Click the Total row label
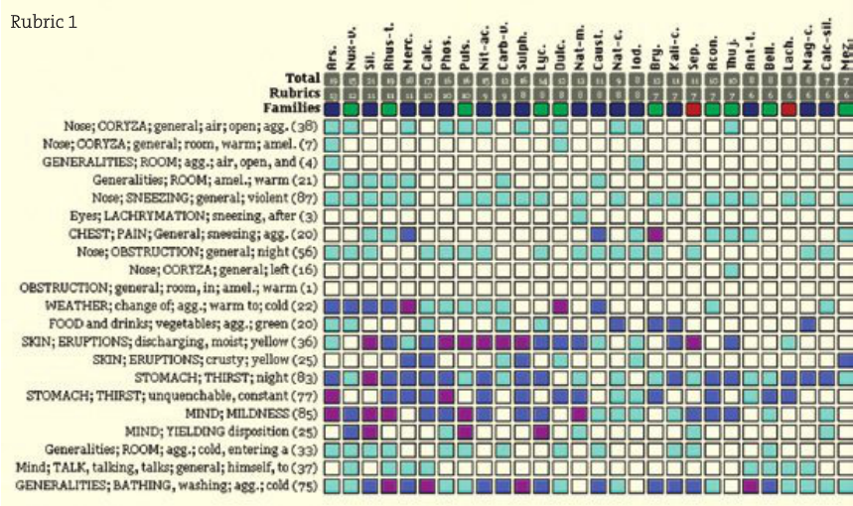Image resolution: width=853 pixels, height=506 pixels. [302, 77]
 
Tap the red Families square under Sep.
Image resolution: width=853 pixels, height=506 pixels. [694, 107]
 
